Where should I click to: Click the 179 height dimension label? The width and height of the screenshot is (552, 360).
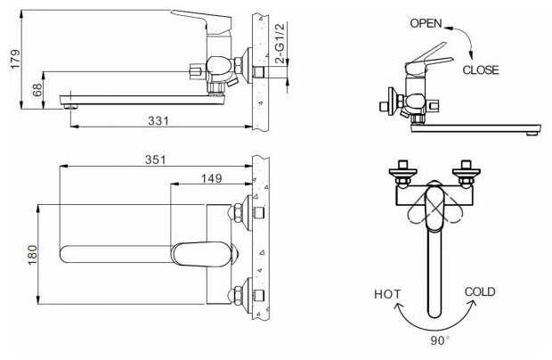pos(15,59)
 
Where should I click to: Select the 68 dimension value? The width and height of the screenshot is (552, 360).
pos(37,90)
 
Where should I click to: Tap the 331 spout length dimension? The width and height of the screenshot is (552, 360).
pos(158,121)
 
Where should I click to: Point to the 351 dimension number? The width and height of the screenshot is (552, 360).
pos(155,160)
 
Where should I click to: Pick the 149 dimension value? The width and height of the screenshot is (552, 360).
pos(212,178)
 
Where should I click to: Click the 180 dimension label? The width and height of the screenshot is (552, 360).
pos(32,255)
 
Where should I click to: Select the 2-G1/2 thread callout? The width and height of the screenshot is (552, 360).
pos(280,44)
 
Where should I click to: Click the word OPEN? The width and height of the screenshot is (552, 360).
pos(426,23)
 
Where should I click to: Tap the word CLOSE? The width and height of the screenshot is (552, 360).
pos(481,70)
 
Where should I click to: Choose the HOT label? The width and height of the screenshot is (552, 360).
pos(387,294)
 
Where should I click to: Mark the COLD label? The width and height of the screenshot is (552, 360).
pos(480,291)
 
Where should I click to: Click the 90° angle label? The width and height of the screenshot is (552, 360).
pos(439,340)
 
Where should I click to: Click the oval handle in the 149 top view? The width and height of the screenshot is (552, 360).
pos(200,254)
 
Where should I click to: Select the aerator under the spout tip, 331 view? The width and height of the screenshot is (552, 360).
pos(71,106)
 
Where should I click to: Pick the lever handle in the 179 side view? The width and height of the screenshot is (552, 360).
pos(202,20)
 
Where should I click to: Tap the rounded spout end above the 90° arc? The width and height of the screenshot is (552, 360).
pos(434,313)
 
